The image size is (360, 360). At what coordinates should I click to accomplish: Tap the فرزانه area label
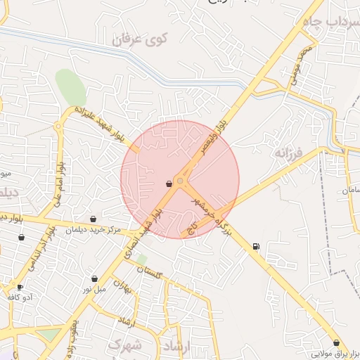[x=288, y=153]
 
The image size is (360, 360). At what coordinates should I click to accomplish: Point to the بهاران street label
[x=124, y=288]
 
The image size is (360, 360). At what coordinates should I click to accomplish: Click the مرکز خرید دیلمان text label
[x=93, y=230]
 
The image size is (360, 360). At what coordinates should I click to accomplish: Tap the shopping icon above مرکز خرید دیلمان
[x=93, y=219]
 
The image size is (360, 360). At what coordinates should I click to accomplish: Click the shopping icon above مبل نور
[x=94, y=279]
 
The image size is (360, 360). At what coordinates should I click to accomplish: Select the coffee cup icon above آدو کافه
[x=20, y=287]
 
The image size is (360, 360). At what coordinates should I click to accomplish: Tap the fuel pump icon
[x=255, y=246]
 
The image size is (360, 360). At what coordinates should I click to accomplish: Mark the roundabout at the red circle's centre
[x=181, y=181]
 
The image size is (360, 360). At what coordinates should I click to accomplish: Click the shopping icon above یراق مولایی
[x=336, y=342]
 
